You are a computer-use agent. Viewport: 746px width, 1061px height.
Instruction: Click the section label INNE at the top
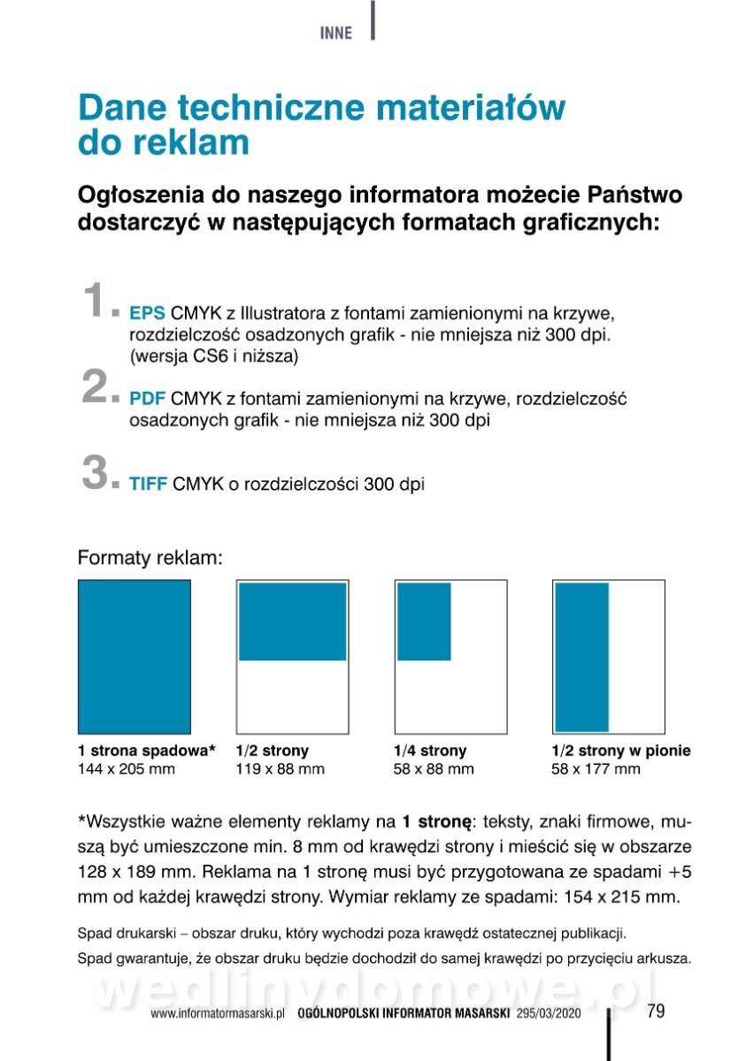tap(335, 34)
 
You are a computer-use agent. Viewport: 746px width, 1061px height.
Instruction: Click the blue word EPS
tap(147, 313)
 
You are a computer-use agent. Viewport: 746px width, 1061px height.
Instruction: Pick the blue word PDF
tap(147, 399)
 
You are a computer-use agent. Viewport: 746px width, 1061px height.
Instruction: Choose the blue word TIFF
tap(148, 485)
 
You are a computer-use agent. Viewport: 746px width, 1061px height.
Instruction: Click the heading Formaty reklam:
tap(149, 558)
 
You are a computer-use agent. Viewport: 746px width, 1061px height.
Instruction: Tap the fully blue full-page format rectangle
tap(135, 656)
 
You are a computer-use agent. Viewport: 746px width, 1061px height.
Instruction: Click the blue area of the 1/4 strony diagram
tap(424, 622)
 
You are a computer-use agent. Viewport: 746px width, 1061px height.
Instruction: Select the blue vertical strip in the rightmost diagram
tap(581, 656)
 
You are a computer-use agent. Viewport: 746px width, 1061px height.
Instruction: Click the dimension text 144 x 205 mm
tap(127, 769)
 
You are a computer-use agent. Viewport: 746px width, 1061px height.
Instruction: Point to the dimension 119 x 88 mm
tap(281, 769)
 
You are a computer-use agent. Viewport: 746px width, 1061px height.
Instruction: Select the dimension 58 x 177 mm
tap(596, 769)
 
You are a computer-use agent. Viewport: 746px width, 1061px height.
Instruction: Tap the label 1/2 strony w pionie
tap(620, 751)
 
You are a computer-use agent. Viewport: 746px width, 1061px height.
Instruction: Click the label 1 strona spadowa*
tap(147, 751)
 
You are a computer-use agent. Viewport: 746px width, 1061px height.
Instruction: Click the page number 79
tap(656, 1011)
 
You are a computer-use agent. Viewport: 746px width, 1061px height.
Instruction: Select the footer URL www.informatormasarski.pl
tap(217, 1014)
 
